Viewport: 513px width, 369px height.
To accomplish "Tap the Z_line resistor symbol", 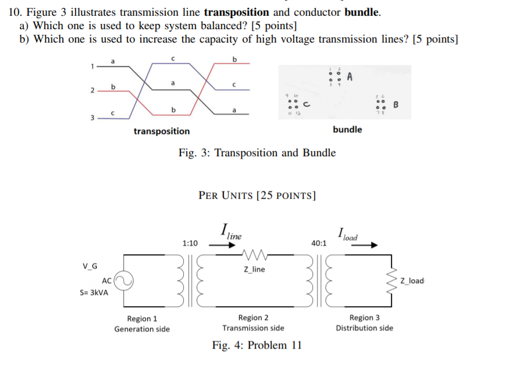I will [254, 255].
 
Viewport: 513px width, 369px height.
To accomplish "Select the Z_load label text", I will [412, 281].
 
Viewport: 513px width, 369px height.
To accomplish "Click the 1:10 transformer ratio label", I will [190, 243].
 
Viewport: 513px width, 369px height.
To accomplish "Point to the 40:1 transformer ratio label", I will [319, 243].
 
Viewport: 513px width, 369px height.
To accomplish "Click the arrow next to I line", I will [222, 246].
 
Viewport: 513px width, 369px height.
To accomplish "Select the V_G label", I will [90, 266].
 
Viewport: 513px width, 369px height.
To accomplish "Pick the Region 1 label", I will [142, 319].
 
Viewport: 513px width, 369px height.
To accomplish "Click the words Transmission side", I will [254, 328].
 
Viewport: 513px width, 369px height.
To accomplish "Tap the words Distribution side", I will [364, 328].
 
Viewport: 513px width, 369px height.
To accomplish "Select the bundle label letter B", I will [396, 106].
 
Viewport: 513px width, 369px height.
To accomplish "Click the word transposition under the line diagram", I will [162, 131].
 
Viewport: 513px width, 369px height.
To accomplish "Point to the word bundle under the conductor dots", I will [347, 129].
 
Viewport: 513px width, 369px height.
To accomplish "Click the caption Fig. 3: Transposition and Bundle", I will [257, 153].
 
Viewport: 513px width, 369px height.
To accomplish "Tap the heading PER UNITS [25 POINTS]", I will [257, 195].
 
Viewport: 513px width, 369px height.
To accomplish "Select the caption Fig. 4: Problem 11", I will [257, 345].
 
